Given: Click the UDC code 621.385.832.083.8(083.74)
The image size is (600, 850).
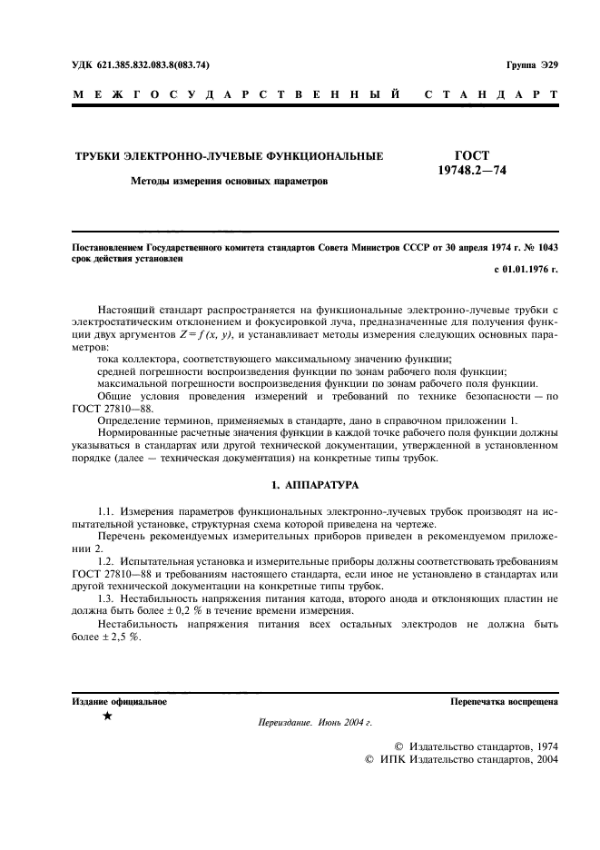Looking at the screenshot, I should (x=151, y=65).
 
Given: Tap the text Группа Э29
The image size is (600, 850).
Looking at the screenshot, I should (x=531, y=65).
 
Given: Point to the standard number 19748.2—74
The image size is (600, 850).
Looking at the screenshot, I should (x=472, y=170).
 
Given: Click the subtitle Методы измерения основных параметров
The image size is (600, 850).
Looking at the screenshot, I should (x=229, y=181).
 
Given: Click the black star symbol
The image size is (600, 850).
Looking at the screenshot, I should (x=108, y=717).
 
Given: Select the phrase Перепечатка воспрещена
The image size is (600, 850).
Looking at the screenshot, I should (x=504, y=702).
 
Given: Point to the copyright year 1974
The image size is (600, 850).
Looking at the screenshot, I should (x=543, y=746).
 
